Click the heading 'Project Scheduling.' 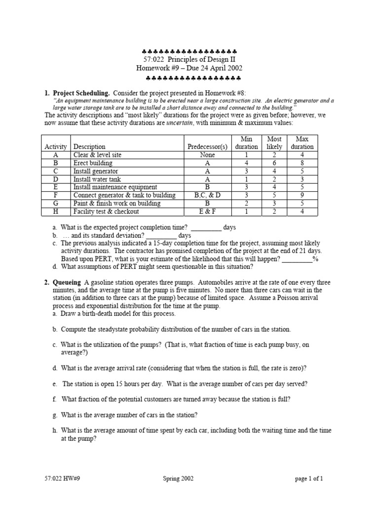click(82, 92)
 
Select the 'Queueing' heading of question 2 click(67, 283)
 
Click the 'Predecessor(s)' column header click(208, 146)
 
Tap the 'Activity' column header click(55, 146)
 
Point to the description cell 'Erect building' click(93, 163)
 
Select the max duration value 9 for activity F click(302, 195)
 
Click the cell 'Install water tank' click(97, 179)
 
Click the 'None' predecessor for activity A click(208, 155)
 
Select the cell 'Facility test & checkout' click(106, 212)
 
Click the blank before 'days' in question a click(206, 227)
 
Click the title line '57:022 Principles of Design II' click(189, 60)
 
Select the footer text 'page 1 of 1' click(309, 478)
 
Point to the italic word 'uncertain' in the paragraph click(180, 122)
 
